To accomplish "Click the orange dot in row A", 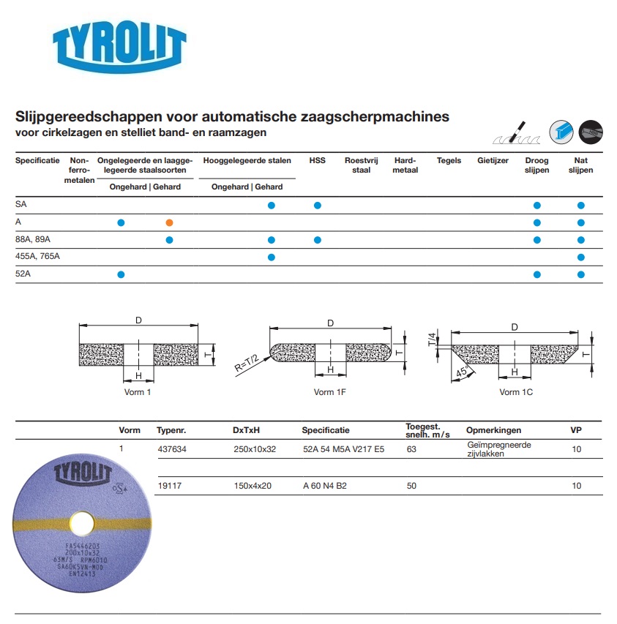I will pos(169,222).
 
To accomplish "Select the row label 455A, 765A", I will pos(37,257).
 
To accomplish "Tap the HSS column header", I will pos(317,161).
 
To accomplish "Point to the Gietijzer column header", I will pos(493,161).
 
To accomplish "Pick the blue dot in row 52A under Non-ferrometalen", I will pos(121,274).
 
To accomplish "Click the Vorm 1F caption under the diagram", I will pos(330,392).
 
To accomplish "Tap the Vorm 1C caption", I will pos(516,392).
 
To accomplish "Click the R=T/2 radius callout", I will pos(249,363).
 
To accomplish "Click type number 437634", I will pos(171,449).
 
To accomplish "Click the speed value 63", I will pos(411,449).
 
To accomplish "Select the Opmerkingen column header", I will pos(494,431).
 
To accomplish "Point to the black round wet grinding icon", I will pos(591,131).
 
